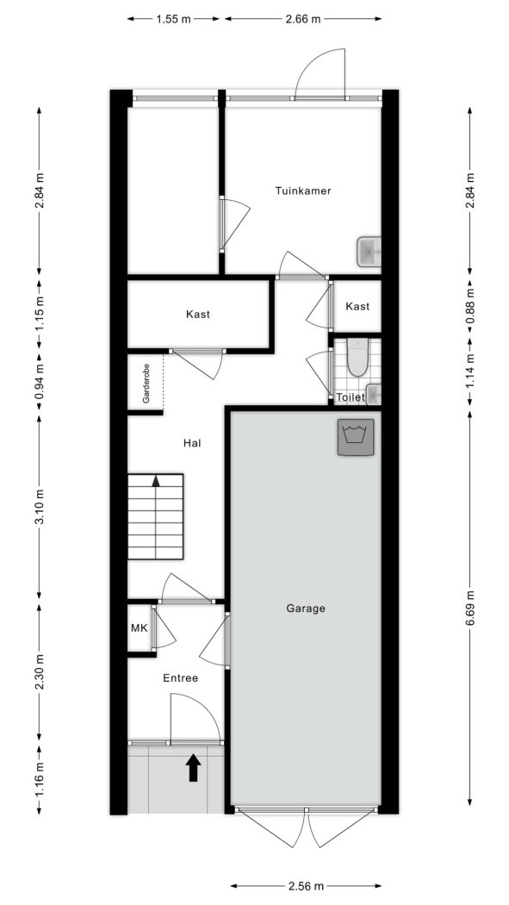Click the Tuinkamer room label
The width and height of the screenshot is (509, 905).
(x=302, y=191)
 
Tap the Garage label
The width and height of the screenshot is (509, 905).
(x=306, y=609)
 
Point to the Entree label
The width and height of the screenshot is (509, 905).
(x=180, y=678)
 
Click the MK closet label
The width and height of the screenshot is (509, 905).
(x=139, y=628)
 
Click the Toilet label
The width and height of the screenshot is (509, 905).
(x=351, y=397)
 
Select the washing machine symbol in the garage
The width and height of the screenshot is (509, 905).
(x=356, y=438)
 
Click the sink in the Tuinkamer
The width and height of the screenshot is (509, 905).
(x=369, y=252)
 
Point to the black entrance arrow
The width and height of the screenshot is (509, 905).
(x=193, y=768)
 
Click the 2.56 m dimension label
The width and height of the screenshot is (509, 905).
(x=306, y=885)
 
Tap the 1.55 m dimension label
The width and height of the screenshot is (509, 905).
(x=173, y=19)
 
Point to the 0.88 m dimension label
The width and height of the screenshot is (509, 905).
(x=470, y=307)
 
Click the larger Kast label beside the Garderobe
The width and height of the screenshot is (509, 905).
(x=198, y=315)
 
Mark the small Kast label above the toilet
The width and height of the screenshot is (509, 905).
(x=357, y=307)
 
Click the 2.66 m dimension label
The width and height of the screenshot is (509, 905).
(x=302, y=19)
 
